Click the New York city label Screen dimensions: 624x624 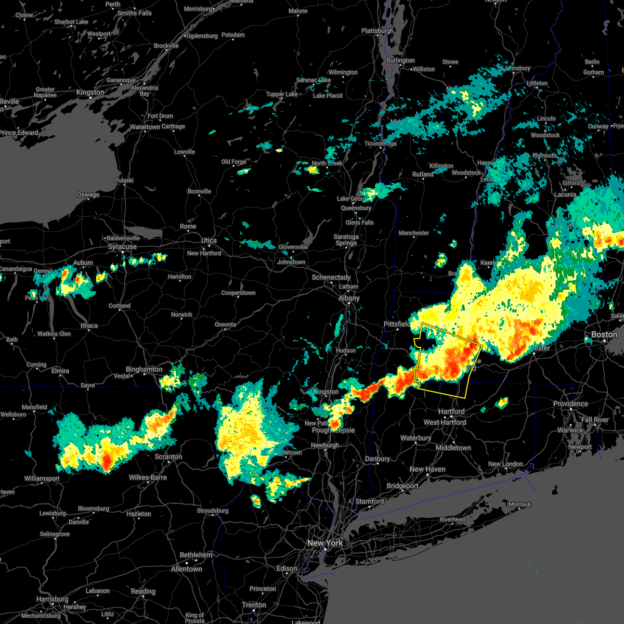[325, 543]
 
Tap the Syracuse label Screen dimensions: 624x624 [122, 246]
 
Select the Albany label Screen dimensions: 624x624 [349, 298]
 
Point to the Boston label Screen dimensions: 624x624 [604, 334]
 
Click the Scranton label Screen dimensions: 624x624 [168, 457]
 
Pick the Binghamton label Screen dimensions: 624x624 [144, 369]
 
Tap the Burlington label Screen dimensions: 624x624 [400, 60]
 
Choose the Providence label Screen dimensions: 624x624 [570, 404]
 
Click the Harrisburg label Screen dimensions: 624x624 [53, 599]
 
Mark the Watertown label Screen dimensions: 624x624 [145, 127]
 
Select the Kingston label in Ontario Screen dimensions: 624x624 [90, 92]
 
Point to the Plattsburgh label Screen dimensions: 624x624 [378, 31]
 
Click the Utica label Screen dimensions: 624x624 [209, 240]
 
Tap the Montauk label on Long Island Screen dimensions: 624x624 [519, 504]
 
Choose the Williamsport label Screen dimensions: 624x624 [42, 478]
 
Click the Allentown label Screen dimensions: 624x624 [187, 569]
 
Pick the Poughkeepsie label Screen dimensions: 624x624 [333, 430]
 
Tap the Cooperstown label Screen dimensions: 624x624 [238, 293]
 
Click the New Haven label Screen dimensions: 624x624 [427, 469]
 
